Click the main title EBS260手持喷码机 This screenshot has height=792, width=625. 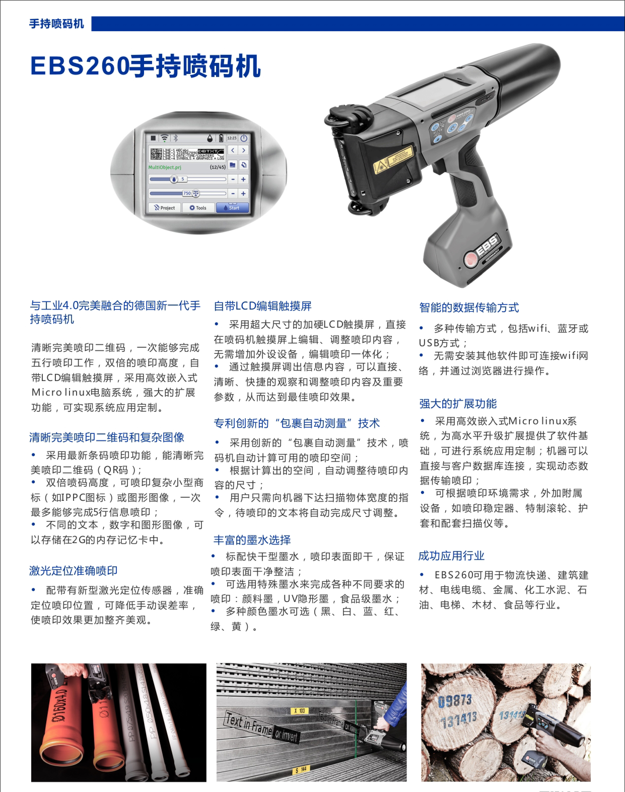pyautogui.click(x=145, y=66)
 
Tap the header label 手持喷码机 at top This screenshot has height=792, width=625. pyautogui.click(x=57, y=24)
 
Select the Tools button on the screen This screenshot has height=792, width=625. pyautogui.click(x=198, y=208)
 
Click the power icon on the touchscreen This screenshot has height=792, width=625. pyautogui.click(x=244, y=138)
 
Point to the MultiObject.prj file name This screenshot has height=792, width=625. pyautogui.click(x=165, y=167)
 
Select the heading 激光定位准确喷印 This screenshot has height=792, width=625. pyautogui.click(x=73, y=571)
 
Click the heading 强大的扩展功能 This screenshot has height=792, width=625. pyautogui.click(x=458, y=404)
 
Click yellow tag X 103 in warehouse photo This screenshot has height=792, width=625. pyautogui.click(x=300, y=711)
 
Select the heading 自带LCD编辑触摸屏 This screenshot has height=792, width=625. pyautogui.click(x=262, y=306)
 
